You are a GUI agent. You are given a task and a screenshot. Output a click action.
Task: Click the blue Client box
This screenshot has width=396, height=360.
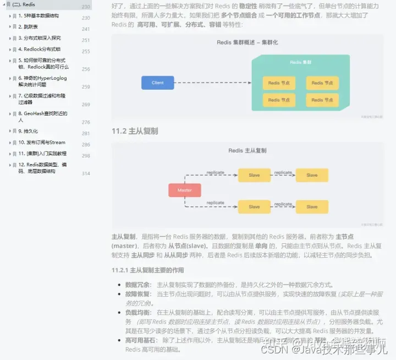coord(158,83)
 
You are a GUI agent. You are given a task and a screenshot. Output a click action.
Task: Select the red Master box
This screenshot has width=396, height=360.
coord(184,190)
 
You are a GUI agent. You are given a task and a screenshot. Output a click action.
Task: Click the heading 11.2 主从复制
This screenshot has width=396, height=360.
coord(135,131)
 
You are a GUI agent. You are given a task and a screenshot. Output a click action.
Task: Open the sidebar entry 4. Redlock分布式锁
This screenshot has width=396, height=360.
coord(39,50)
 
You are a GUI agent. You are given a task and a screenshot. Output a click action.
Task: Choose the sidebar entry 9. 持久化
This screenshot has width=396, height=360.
coord(28,131)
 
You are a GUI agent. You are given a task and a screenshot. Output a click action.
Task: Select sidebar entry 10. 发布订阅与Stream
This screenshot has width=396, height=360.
coord(42,143)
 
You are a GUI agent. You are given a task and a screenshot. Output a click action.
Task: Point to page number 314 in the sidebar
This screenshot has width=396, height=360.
coord(86,173)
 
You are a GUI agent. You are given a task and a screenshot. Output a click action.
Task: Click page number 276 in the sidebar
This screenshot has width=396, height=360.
coord(86,122)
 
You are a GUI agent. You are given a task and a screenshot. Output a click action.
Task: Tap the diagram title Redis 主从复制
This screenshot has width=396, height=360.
coord(248,150)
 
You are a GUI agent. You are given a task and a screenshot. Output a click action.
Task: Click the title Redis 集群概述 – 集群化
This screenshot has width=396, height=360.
coord(248,42)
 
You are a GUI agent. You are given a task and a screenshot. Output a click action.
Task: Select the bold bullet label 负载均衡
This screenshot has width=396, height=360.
coord(139,312)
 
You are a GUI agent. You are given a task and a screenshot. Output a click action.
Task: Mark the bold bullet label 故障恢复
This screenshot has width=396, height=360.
coord(139,294)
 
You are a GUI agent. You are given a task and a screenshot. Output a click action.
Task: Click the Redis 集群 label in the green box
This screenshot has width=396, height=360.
coord(300,63)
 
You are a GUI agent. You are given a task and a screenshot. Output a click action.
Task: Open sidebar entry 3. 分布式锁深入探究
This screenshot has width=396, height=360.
coord(39,39)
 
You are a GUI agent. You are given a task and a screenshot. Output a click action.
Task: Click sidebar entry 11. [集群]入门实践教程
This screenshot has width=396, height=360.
coord(42,154)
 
